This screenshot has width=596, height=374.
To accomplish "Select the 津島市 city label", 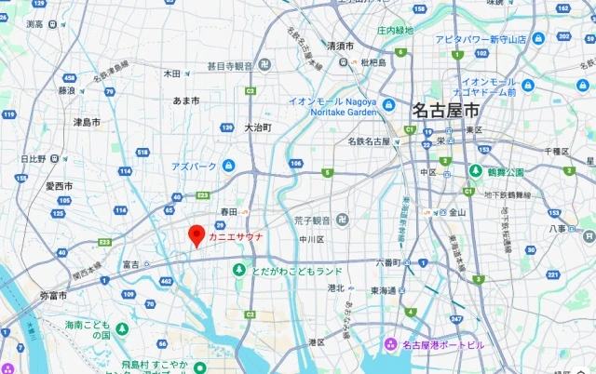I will coord(88,122).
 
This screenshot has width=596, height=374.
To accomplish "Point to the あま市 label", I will coord(186,100).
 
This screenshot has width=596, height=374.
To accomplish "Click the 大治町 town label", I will coord(258,127).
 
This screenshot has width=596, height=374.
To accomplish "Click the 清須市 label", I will coord(340,46).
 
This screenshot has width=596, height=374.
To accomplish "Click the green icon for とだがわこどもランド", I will coord(239,270).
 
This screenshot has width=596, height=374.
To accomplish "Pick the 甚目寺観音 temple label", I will coord(230,66).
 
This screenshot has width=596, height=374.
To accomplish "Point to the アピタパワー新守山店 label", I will coord(481,39).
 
